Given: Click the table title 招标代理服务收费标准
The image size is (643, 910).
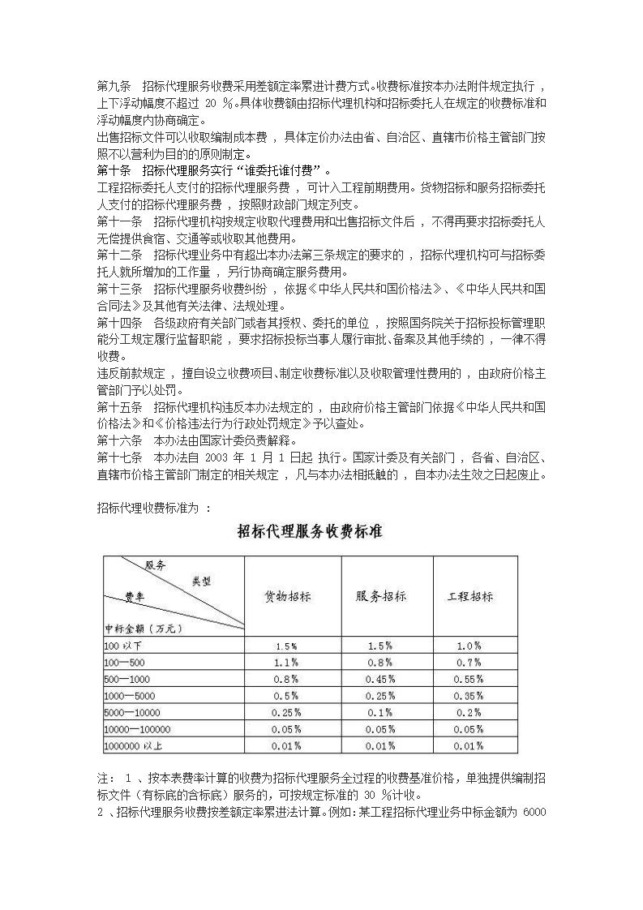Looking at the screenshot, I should point(310,532).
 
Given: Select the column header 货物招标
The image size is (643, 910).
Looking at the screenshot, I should point(288,596).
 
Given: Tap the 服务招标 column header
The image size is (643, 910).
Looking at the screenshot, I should point(380,596).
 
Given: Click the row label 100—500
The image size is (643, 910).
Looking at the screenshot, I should point(123,663).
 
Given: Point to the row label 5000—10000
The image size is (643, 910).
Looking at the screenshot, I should point(130,713).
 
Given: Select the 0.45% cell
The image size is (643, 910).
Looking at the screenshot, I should point(379,680).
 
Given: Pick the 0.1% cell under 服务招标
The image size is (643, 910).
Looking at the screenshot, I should point(379,713).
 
